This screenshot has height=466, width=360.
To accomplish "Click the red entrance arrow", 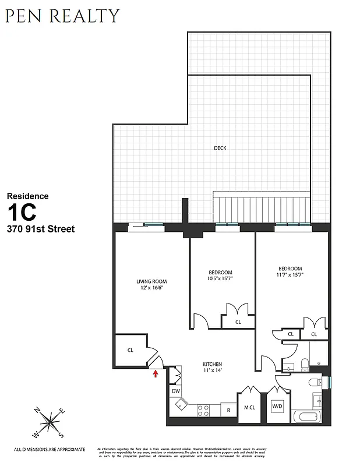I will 156,373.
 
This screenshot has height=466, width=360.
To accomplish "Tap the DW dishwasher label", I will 175,391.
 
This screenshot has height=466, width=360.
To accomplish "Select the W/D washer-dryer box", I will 277,405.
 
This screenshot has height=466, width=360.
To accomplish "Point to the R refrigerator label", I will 228,410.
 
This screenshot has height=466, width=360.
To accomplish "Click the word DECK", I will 220,148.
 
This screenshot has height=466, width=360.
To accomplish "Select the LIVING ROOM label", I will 151,281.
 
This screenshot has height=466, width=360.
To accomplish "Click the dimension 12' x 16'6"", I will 151,288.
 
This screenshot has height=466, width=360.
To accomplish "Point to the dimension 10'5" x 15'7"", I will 221,279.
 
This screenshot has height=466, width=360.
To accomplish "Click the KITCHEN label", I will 212,364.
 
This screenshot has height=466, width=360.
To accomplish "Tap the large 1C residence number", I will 21,211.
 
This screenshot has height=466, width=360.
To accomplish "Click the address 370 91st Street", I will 40,230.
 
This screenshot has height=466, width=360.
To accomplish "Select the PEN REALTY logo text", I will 62,16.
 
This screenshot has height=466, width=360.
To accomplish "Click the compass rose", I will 50,422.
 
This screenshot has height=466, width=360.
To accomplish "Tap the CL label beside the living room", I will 130,351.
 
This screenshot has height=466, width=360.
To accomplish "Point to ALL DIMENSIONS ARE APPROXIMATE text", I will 50,449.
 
